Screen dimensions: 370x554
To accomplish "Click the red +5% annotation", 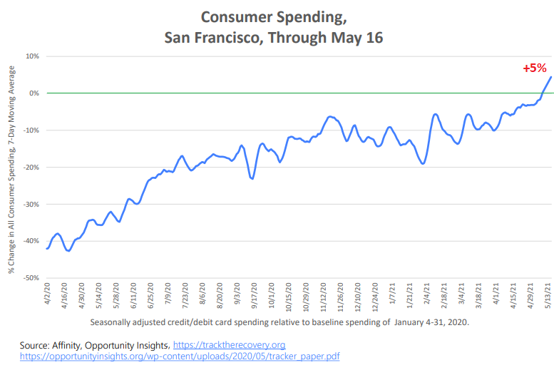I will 534,68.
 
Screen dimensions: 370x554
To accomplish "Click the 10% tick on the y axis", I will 31,56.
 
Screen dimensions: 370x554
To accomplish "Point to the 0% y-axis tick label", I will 34,93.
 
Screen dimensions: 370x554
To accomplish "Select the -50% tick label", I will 30,278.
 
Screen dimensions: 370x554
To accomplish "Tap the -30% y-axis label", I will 30,204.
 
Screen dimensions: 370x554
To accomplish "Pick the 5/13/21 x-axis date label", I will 547,297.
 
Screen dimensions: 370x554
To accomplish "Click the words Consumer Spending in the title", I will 274,16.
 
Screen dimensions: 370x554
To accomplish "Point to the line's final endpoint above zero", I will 551,77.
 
